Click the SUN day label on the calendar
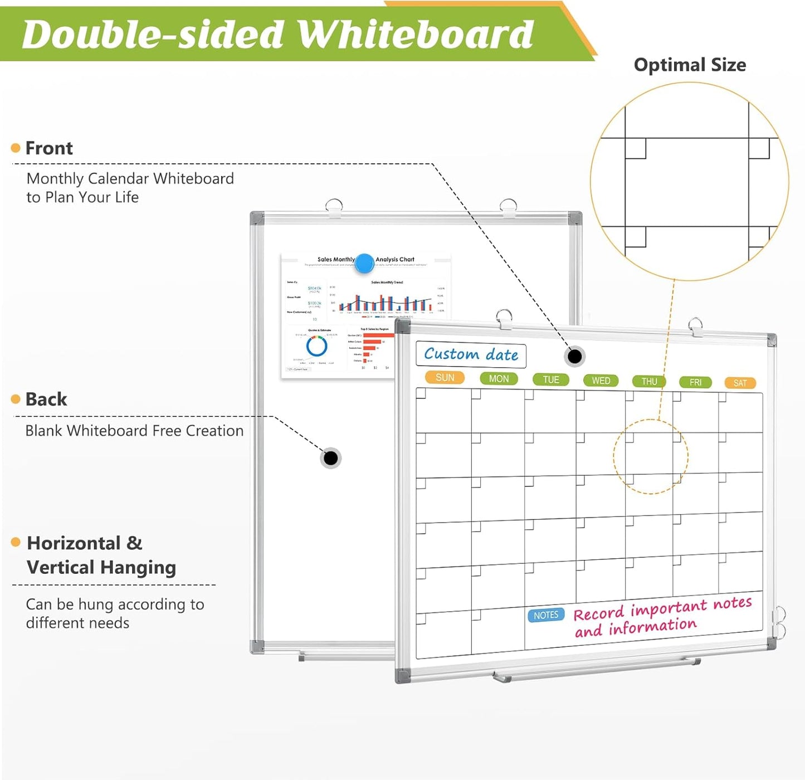click(445, 378)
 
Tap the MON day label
click(499, 379)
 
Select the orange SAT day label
click(740, 383)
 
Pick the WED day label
click(601, 381)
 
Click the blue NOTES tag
click(545, 615)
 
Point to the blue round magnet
click(364, 263)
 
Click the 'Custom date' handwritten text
click(471, 354)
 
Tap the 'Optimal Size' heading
click(690, 65)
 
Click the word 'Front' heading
click(49, 148)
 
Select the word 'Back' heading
click(46, 399)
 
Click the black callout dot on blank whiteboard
click(331, 458)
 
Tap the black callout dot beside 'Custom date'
click(574, 356)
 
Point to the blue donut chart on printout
click(316, 347)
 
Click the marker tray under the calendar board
click(596, 669)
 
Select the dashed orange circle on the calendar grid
click(651, 456)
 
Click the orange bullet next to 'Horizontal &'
click(16, 542)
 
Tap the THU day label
click(649, 382)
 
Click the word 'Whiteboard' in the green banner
click(415, 35)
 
